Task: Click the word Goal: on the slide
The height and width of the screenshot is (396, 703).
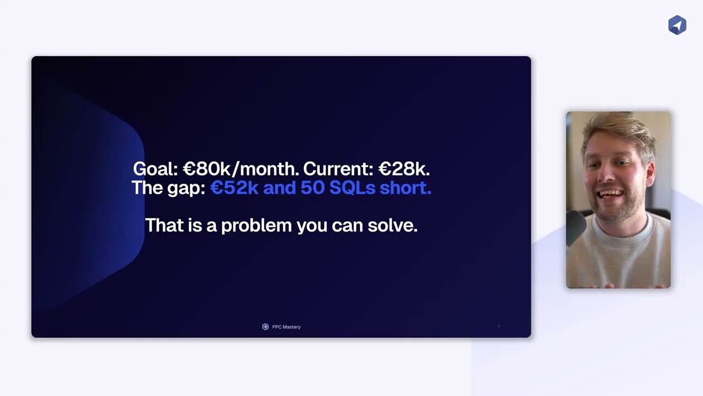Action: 155,169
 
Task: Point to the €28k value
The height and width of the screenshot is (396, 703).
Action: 404,169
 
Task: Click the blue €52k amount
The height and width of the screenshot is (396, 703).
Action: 235,188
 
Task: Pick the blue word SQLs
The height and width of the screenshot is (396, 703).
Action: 350,188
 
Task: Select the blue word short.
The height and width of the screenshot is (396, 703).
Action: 405,188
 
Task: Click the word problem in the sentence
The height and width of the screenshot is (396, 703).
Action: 256,226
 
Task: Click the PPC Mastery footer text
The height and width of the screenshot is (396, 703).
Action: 286,327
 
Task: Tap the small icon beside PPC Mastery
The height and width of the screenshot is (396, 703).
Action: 265,327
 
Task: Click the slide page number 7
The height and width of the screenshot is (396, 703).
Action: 498,327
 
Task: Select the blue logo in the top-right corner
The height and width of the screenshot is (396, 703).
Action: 677,25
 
